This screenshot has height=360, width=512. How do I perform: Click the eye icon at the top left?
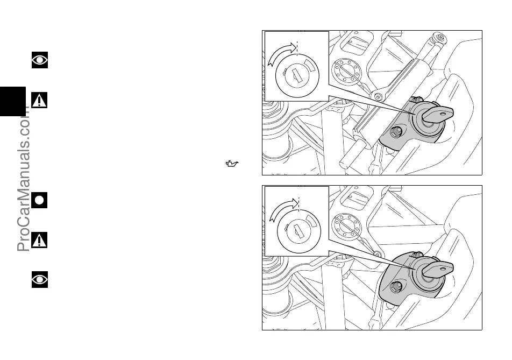click(x=40, y=60)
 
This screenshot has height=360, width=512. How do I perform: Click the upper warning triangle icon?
click(x=39, y=100)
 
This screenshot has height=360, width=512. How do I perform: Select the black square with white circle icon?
click(x=40, y=200)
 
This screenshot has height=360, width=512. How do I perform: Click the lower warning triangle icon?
click(x=39, y=240)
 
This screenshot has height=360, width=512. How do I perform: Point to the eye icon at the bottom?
click(x=40, y=279)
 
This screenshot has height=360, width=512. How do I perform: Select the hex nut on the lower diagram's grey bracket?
click(x=398, y=286)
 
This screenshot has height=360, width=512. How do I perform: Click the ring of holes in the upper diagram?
click(x=346, y=72)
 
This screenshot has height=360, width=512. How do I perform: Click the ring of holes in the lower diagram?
click(x=346, y=227)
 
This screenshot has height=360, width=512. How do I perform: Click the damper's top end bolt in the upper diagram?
click(x=441, y=37)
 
